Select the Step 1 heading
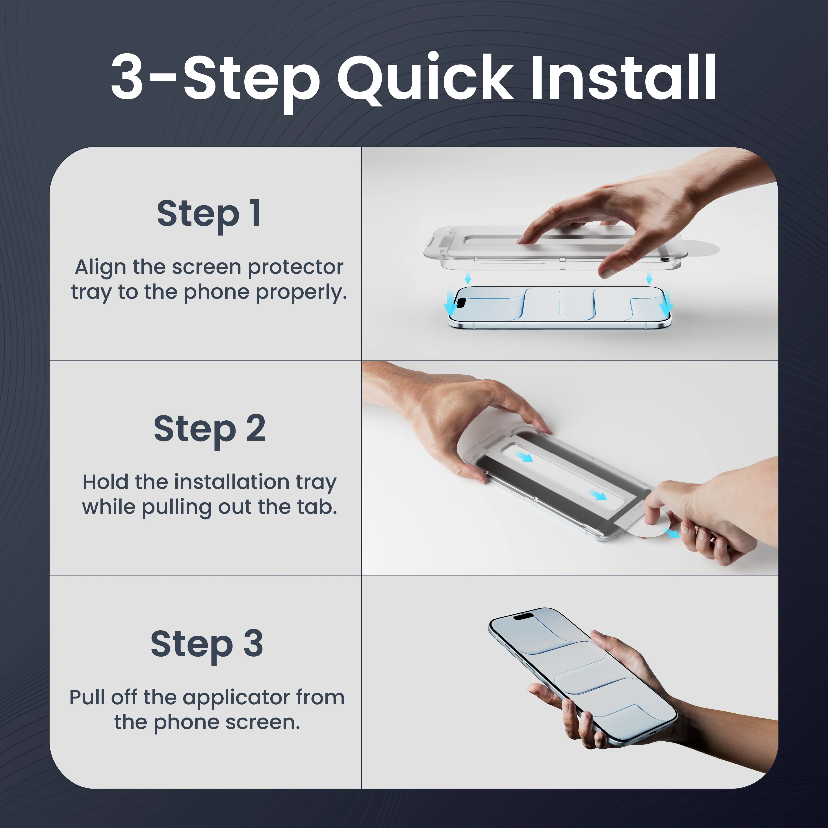(209, 214)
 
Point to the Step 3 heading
(207, 644)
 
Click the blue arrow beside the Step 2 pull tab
(672, 533)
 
